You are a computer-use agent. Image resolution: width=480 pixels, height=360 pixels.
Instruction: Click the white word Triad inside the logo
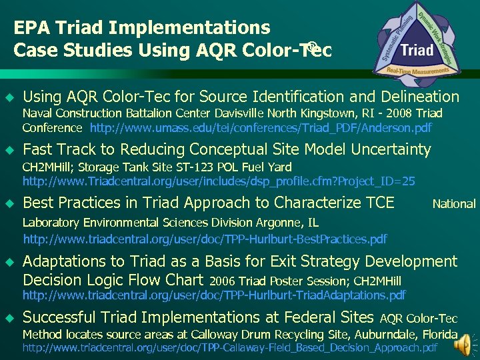coord(417,50)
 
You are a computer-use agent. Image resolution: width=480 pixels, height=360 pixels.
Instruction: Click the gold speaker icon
coord(464,343)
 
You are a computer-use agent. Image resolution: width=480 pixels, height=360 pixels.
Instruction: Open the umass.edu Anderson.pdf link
coord(261,127)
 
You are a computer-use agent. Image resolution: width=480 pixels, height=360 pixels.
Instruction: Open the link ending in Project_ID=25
coord(219,181)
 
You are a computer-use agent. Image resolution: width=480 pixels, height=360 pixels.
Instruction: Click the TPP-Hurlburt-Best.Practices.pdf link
coord(205,238)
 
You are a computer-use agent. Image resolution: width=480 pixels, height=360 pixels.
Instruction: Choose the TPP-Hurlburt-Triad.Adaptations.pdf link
coord(214,295)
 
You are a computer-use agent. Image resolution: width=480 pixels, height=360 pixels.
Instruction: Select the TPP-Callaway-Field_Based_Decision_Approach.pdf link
coord(230,347)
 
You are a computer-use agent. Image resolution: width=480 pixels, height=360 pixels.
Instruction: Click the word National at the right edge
coord(454,204)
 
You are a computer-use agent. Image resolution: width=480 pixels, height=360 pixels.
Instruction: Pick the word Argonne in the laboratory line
coord(280,222)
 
